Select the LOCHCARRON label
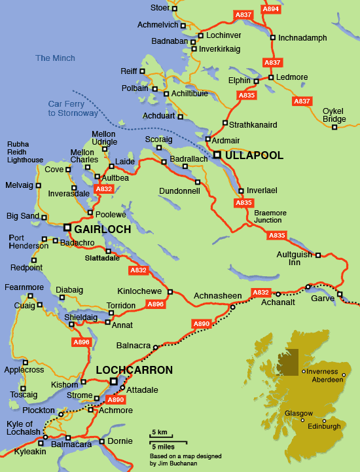point(134,370)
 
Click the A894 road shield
point(270,9)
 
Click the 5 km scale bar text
point(158,433)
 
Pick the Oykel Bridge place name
point(334,115)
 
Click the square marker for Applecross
point(26,362)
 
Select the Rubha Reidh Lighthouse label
point(25,152)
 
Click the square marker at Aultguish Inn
point(318,255)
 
